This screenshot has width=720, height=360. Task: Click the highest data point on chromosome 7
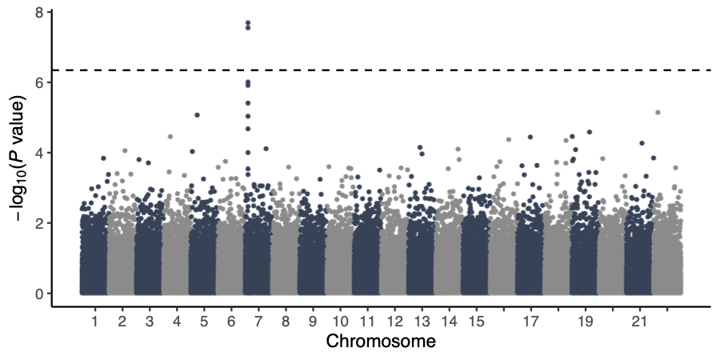click(x=248, y=22)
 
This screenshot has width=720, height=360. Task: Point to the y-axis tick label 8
click(x=38, y=13)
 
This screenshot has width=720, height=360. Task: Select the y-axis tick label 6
click(x=38, y=82)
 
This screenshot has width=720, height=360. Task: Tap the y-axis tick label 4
click(x=38, y=153)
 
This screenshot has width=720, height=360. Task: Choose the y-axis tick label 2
click(x=38, y=223)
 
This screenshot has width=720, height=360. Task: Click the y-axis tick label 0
click(x=38, y=294)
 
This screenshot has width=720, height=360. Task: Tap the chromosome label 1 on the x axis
click(x=94, y=322)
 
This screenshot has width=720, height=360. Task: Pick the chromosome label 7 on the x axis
click(x=258, y=322)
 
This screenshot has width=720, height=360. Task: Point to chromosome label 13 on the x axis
click(x=422, y=322)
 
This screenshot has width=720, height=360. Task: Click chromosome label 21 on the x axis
click(x=638, y=322)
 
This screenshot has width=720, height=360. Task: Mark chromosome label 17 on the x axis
click(x=530, y=322)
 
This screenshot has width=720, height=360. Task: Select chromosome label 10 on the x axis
click(x=340, y=322)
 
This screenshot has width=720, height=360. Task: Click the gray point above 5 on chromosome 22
click(x=658, y=113)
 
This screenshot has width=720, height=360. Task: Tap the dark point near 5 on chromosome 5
click(x=197, y=115)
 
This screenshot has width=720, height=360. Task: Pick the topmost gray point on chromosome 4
click(x=170, y=137)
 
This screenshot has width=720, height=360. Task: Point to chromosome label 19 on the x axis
click(x=584, y=322)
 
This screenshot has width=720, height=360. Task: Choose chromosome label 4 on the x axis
click(x=176, y=322)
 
